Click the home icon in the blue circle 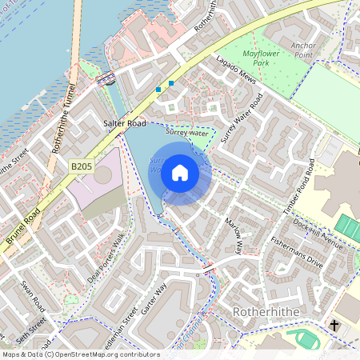coord(180,172)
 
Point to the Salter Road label coord(125,124)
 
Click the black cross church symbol coord(334,325)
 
